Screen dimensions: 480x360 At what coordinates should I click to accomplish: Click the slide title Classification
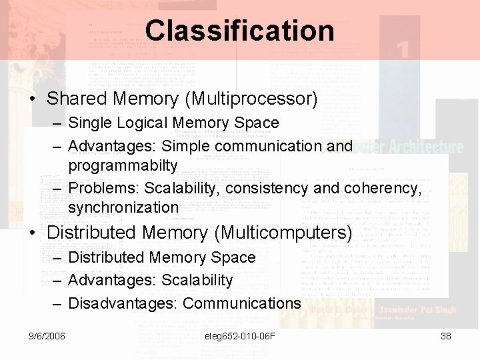pos(239,31)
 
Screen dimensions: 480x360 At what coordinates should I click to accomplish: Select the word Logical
pos(144,123)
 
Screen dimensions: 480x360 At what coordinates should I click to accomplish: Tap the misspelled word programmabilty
pos(123,165)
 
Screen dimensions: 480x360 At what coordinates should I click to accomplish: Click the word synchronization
pos(123,207)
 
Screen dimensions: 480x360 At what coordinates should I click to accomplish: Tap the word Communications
pos(241,303)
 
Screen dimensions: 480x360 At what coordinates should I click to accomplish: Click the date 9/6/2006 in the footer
pos(47,336)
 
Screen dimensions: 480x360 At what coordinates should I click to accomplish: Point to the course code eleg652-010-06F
pos(240,336)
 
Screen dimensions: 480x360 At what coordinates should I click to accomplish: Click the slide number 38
pos(446,336)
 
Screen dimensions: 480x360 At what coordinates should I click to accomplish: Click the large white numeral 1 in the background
pos(401,50)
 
